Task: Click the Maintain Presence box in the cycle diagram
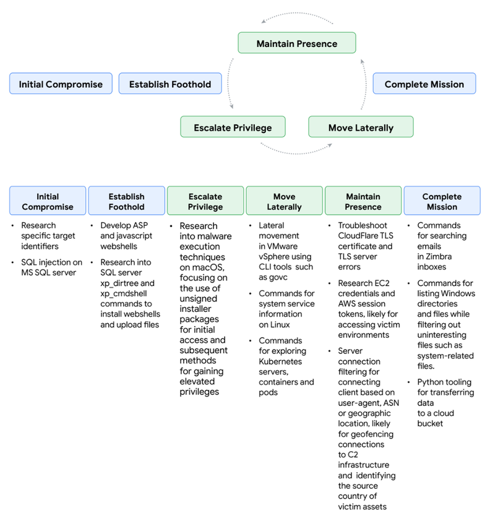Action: [297, 43]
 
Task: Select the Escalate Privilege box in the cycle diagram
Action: [233, 127]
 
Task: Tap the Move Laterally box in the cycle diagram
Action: [361, 127]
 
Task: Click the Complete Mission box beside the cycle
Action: [424, 84]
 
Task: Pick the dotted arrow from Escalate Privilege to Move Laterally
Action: [296, 150]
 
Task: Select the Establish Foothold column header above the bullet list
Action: [126, 201]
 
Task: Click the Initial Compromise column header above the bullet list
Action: [48, 201]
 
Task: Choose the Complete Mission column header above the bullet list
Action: [442, 201]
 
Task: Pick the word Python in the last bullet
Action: [431, 382]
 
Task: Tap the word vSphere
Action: [275, 256]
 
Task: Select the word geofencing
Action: [371, 434]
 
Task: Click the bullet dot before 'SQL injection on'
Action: [15, 263]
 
